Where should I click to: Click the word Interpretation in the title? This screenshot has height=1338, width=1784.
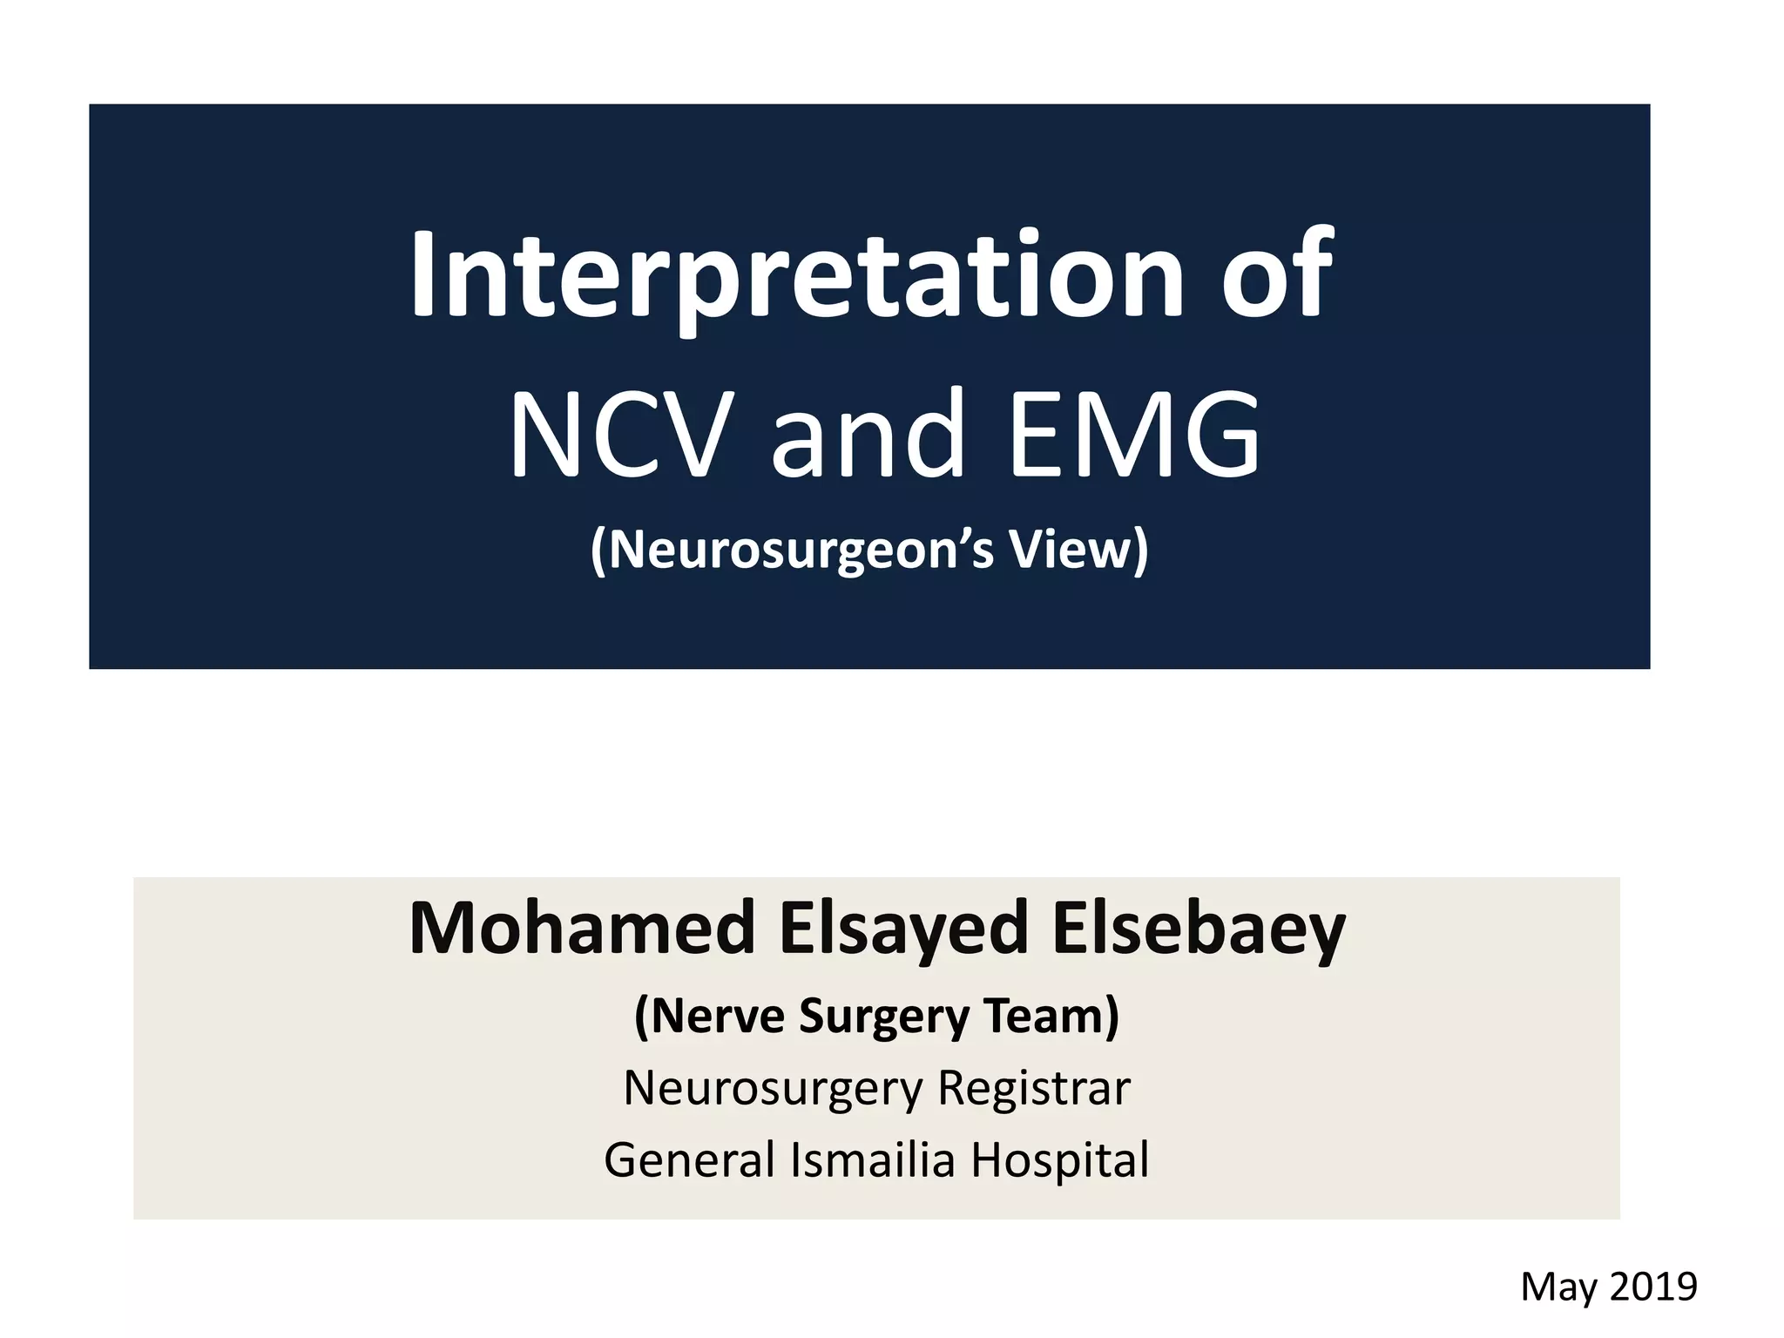[797, 277]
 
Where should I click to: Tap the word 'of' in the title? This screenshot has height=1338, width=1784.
[1276, 277]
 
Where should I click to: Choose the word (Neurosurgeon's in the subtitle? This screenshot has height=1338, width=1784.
[792, 551]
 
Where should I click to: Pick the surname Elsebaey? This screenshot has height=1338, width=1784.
[1199, 929]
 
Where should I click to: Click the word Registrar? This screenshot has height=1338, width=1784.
[1034, 1089]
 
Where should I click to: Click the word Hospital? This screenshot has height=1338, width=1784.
[1060, 1160]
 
